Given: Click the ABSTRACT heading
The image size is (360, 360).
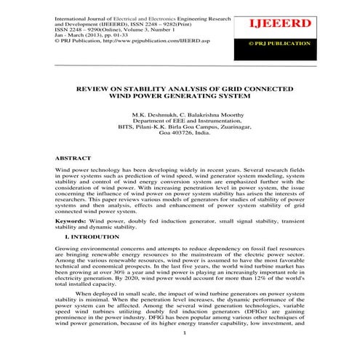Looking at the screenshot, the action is click(73, 158).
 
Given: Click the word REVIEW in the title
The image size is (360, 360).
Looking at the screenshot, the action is click(102, 87).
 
